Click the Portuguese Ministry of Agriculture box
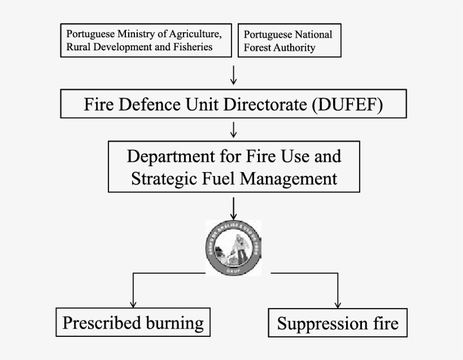tap(146, 40)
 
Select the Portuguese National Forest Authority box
tap(290, 41)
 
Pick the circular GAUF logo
tap(234, 248)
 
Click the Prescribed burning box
tap(133, 323)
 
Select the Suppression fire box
tap(338, 324)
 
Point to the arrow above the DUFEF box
tap(234, 75)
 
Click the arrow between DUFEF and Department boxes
tap(234, 130)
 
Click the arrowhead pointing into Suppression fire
tap(338, 304)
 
